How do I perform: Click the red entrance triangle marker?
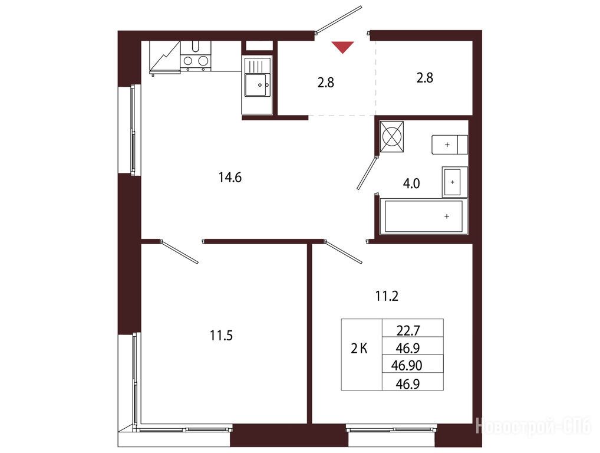click(x=342, y=47)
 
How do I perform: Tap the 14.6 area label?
click(x=230, y=178)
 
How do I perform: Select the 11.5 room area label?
click(x=221, y=336)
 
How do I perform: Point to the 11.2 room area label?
click(x=387, y=296)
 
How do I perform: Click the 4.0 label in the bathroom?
click(x=411, y=184)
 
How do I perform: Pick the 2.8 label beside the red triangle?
click(x=325, y=83)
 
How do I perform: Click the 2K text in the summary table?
click(x=359, y=349)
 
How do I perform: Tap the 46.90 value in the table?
click(x=406, y=366)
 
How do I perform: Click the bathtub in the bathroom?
click(x=423, y=216)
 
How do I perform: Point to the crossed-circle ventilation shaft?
click(x=391, y=137)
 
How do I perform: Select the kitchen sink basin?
click(x=257, y=86)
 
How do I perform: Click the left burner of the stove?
click(x=188, y=61)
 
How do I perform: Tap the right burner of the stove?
click(x=203, y=61)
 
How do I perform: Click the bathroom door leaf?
click(x=367, y=172)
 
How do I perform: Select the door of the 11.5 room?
click(x=179, y=252)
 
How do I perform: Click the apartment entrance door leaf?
click(x=338, y=18)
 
